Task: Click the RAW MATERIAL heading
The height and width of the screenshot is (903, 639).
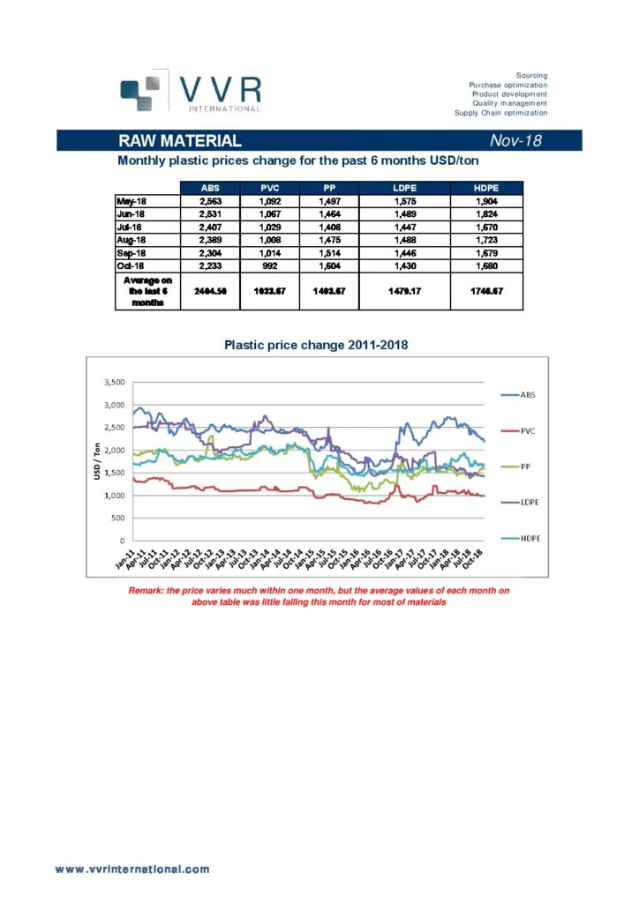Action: pos(180,141)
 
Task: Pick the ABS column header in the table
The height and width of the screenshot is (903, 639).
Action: pos(210,188)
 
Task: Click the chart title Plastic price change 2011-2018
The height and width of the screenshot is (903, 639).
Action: pos(316,347)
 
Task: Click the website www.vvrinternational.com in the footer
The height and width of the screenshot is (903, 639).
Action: pos(133,869)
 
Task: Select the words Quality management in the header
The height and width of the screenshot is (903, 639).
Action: pos(510,103)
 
